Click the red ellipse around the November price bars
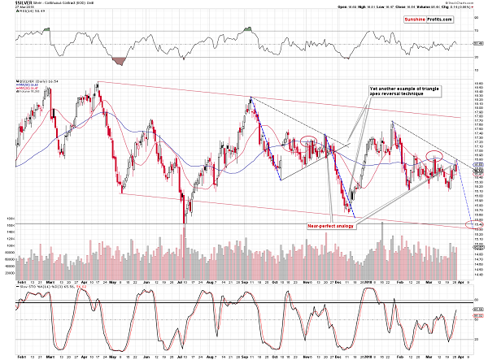point(309,141)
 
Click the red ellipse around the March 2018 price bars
point(434,155)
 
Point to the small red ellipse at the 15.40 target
point(468,223)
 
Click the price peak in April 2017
point(97,82)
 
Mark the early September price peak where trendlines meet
point(251,98)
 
